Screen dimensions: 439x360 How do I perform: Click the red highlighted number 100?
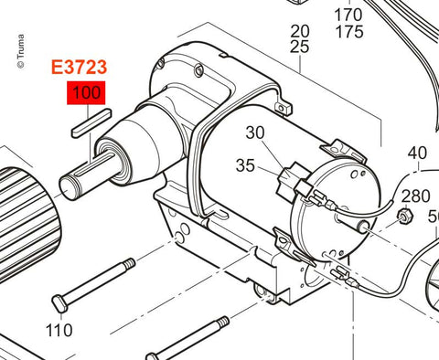pos(86,92)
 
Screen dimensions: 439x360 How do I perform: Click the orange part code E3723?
pos(79,68)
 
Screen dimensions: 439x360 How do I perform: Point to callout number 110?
pos(59,331)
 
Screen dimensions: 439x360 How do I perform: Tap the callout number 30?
pos(255,132)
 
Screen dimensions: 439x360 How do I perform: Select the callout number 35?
pos(245,165)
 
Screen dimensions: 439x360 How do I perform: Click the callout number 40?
pos(417,153)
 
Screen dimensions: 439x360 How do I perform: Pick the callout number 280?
pos(415,196)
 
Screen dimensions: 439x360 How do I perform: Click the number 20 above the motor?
pos(300,31)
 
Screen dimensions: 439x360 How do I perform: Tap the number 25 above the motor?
pos(300,47)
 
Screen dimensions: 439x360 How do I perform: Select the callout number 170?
pos(349,15)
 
